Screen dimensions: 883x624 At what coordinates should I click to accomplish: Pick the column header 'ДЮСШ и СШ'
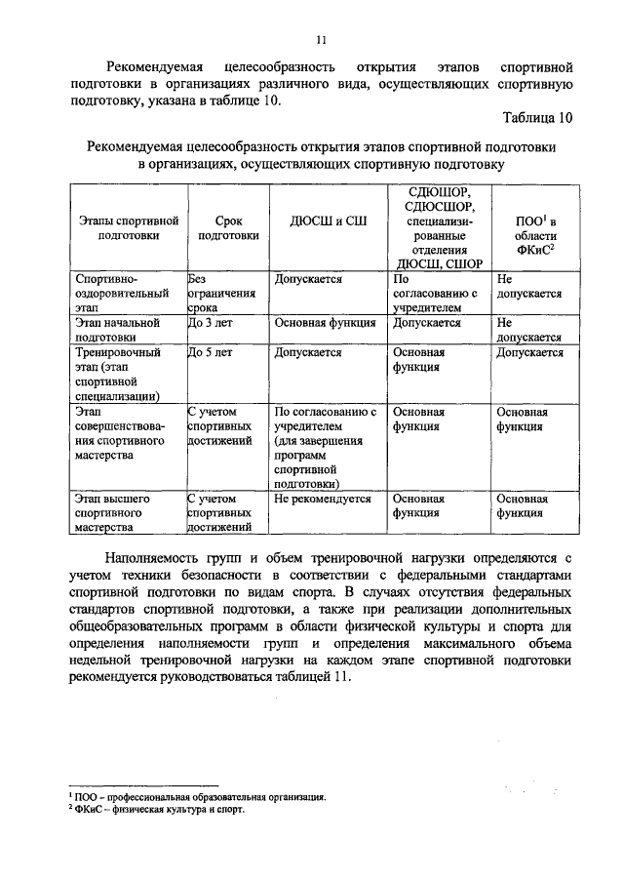tap(329, 221)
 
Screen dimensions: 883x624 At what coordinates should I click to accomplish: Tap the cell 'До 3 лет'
tap(209, 322)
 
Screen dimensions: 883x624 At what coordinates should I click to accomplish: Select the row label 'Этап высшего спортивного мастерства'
tap(113, 511)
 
